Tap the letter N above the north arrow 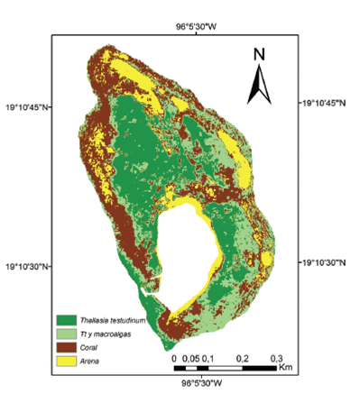[259, 52]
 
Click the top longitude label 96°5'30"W [197, 27]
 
